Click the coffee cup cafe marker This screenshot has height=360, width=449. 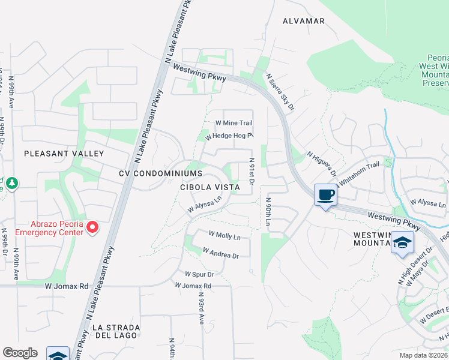pos(325,195)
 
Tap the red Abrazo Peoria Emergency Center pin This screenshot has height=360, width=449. pos(92,227)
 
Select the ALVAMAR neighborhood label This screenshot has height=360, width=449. pos(304,21)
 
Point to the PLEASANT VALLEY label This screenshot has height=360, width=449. pos(64,154)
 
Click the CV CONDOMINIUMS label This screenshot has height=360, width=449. pos(160,173)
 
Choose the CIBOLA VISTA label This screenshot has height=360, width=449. pos(210,187)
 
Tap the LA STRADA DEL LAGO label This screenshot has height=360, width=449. pos(116,332)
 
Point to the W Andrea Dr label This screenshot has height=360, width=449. pos(221,253)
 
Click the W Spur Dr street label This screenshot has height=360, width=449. pos(199,274)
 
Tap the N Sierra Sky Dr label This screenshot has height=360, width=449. pos(280,92)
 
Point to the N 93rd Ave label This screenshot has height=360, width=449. pos(201,307)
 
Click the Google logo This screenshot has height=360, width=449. pos(20,353)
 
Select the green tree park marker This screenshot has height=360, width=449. pos(13,182)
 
